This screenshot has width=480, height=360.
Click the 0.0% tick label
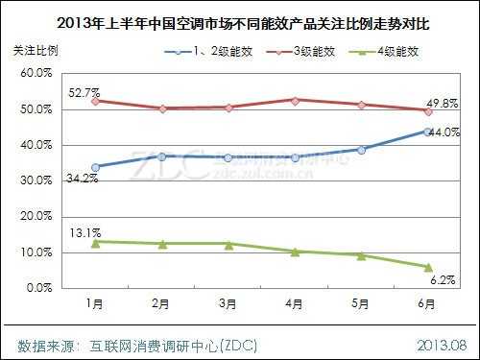(x=37, y=288)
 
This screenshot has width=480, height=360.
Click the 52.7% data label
(x=84, y=92)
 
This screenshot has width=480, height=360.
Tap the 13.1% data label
(x=84, y=231)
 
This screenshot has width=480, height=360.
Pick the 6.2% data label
(x=444, y=278)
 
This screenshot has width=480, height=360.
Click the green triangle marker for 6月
(x=428, y=267)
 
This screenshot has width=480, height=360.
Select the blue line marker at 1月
(x=95, y=166)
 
